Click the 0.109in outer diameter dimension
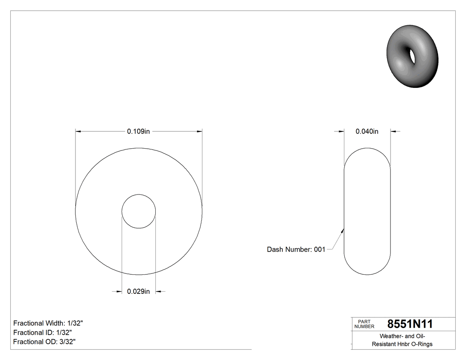138,131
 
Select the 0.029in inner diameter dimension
138,292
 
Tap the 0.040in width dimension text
367,131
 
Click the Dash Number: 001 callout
296,249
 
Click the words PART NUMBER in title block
364,324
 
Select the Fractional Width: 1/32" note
48,323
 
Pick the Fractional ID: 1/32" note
43,332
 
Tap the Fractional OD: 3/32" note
44,342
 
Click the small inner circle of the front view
139,211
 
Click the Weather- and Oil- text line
402,336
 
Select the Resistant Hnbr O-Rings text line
402,344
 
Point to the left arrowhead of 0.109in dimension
79,131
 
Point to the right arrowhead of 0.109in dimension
199,131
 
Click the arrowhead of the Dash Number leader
343,230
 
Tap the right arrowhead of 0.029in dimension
158,292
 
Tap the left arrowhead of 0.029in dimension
119,292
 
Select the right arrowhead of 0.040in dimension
393,131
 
